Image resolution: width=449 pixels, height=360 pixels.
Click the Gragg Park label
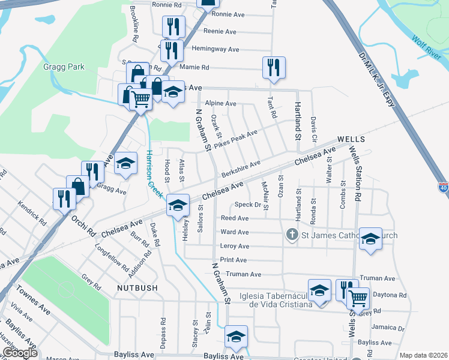[64, 67]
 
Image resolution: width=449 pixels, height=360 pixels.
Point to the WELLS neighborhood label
[352, 139]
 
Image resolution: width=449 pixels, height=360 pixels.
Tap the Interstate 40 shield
[443, 188]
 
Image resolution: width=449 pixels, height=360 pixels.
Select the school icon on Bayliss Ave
[236, 338]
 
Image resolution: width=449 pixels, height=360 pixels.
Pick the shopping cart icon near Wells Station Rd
[358, 298]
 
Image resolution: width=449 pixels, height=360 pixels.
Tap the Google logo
[20, 353]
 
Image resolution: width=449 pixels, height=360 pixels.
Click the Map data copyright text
[423, 355]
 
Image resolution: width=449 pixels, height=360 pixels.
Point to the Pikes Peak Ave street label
[236, 139]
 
